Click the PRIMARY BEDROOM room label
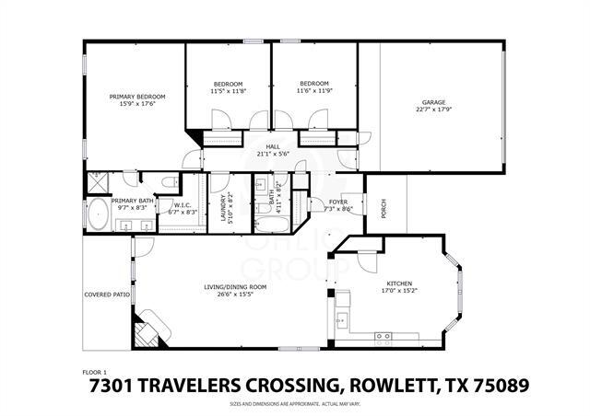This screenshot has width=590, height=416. point(137,97)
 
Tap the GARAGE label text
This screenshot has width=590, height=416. point(433,102)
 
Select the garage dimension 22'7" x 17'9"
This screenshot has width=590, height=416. point(433,110)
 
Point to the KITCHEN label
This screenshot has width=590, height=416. point(398,283)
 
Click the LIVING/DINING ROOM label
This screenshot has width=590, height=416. point(235,287)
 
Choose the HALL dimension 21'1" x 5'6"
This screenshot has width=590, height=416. point(273,154)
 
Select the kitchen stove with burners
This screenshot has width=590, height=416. point(383,337)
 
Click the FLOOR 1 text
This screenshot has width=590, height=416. point(95,372)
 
